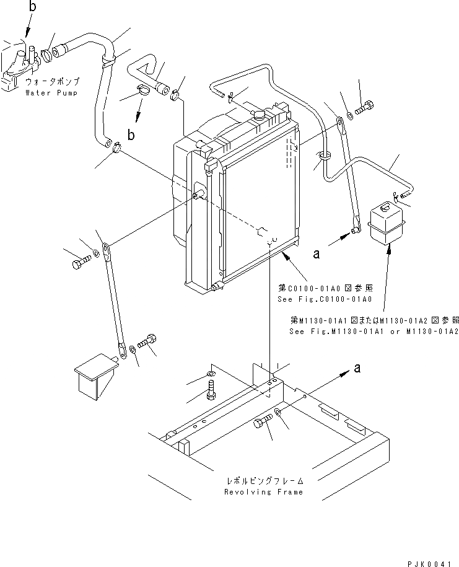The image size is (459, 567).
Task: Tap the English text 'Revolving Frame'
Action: coord(264,492)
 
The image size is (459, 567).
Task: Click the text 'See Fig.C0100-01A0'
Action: coord(325,299)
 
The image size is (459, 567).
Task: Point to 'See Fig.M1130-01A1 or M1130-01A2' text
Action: coord(374,332)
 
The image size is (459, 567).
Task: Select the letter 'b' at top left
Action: coord(32,7)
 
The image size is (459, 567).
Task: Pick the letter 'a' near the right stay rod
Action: coord(317,253)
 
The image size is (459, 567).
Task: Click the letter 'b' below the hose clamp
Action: coord(130,133)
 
